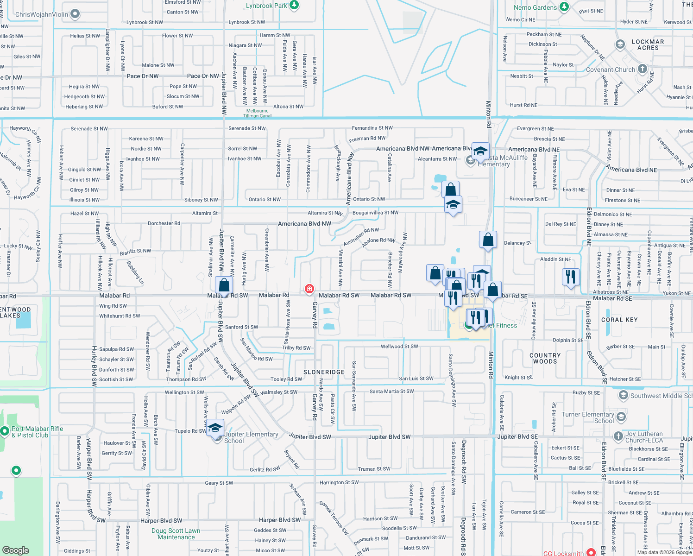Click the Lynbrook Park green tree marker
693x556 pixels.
pos(294,6)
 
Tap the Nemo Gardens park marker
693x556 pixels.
pos(564,7)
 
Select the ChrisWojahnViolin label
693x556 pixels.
pos(42,14)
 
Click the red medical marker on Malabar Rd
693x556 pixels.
pos(309,289)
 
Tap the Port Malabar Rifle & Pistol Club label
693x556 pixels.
pos(37,432)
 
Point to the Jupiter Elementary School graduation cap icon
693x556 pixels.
pos(215,428)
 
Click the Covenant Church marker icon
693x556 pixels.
pos(642,69)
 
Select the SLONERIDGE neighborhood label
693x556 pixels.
pos(324,372)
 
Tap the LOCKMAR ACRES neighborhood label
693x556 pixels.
pos(648,44)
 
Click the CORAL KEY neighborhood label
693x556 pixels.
pos(619,320)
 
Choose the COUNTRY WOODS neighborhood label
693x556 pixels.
pos(545,358)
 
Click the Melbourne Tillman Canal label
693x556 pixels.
pos(257,113)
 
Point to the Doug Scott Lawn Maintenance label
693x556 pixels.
pos(176,534)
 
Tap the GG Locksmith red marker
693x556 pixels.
pos(591,552)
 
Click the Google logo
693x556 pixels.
pos(16,550)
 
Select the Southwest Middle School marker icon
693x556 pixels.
pos(624,395)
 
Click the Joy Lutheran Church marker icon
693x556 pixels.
pos(618,436)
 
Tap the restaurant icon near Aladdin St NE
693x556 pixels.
pos(571,277)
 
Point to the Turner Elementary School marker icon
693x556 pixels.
pos(621,417)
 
